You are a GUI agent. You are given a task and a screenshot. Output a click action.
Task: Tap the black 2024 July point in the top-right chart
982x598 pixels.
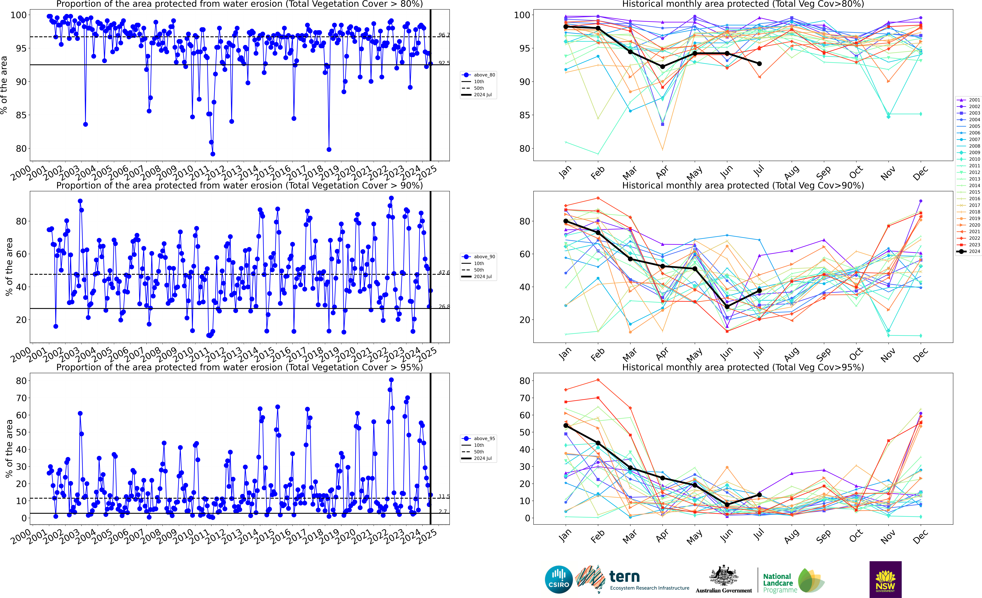pyautogui.click(x=759, y=64)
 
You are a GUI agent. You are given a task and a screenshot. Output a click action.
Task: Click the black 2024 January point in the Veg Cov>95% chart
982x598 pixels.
pyautogui.click(x=566, y=425)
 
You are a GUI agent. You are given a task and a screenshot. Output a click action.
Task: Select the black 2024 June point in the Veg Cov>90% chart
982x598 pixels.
pyautogui.click(x=727, y=307)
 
